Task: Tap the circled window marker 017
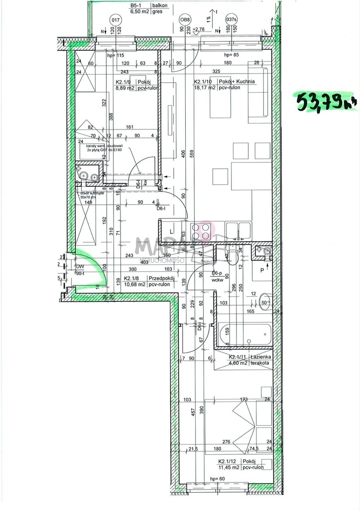pyautogui.click(x=116, y=20)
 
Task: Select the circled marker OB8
pyautogui.click(x=185, y=20)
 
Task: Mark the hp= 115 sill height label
pyautogui.click(x=116, y=56)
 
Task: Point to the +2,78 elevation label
pyautogui.click(x=199, y=29)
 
